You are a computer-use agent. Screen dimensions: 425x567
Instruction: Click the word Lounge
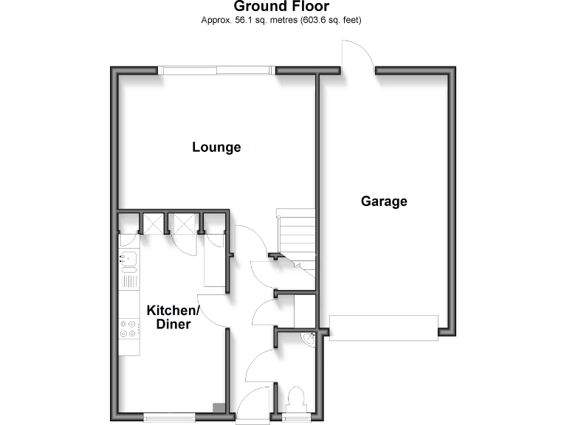[216, 147]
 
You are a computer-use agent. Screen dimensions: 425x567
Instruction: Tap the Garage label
[384, 201]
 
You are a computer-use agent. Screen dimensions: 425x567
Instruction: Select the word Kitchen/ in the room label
[173, 310]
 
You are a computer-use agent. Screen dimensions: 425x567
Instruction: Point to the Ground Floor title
[281, 7]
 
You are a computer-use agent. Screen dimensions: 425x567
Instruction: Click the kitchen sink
[128, 259]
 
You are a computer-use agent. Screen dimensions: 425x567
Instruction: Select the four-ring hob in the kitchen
[128, 328]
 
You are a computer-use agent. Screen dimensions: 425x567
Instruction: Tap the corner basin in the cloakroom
[310, 339]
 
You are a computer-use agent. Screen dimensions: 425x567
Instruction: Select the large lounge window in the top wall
[217, 70]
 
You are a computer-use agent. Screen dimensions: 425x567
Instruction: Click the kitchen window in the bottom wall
[171, 418]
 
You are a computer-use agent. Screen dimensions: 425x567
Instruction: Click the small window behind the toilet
[297, 418]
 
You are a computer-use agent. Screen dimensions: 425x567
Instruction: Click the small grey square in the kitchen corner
[219, 407]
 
